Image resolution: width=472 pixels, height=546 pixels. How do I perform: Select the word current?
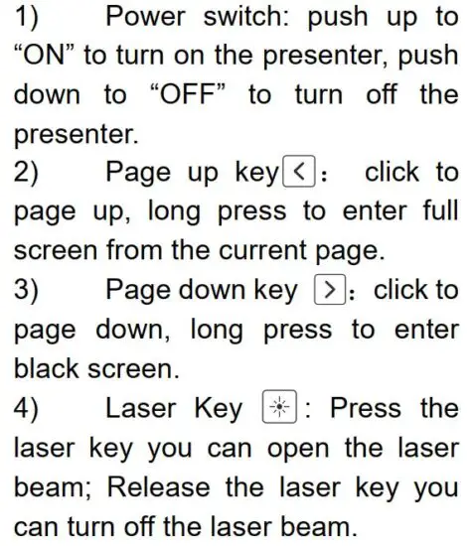tap(277, 251)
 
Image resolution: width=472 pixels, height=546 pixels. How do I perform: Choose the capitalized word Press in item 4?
tap(365, 408)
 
